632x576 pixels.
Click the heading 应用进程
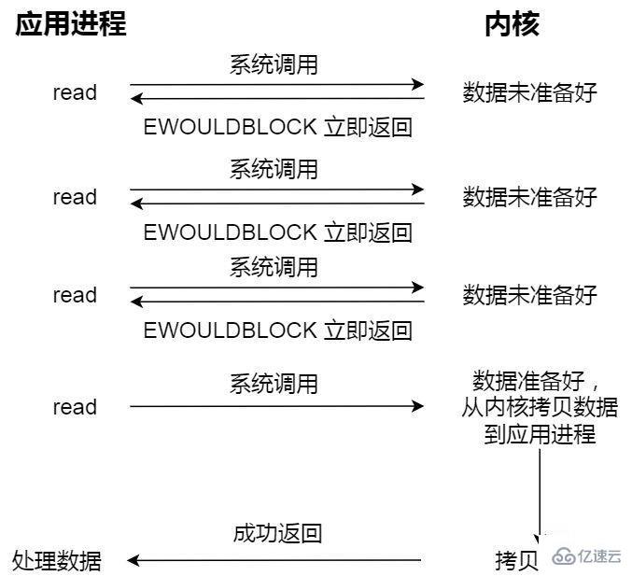coord(70,24)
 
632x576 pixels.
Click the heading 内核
coord(512,24)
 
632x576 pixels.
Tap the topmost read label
coord(75,92)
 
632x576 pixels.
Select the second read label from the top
coord(75,197)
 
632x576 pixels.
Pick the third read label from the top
coord(75,295)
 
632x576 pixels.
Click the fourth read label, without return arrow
coord(75,407)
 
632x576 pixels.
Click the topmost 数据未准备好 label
coord(529,92)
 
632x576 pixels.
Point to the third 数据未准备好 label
coord(529,296)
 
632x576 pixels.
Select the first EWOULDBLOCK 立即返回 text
coord(277,127)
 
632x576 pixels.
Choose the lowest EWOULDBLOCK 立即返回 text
coord(277,330)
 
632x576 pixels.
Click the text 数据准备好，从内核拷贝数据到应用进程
coord(540,407)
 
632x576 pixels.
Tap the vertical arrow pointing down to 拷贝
coord(540,495)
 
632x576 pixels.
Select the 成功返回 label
coord(277,533)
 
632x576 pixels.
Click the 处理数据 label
coord(57,560)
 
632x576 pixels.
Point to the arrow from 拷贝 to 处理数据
coord(275,560)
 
